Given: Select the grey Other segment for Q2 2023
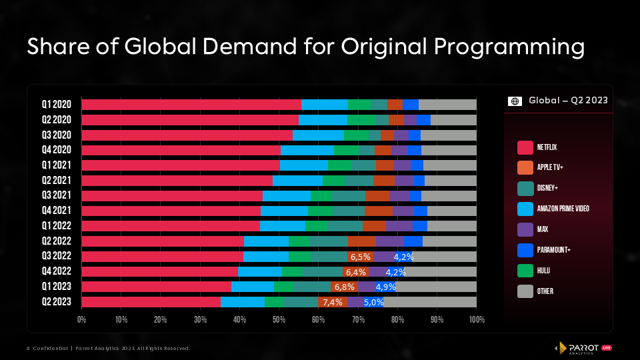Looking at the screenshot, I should click(x=430, y=302).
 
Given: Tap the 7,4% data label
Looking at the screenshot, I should click(x=332, y=302).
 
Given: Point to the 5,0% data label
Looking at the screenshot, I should click(x=374, y=302).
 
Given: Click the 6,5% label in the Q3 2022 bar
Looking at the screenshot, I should click(x=361, y=257).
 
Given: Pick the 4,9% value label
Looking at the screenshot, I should click(x=386, y=287).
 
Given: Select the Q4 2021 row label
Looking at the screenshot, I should click(x=57, y=211).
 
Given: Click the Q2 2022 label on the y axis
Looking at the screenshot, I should click(x=57, y=241).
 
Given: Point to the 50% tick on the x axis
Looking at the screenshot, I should click(x=279, y=320).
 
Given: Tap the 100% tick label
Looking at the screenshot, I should click(x=476, y=320).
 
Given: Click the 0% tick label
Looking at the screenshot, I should click(x=82, y=320).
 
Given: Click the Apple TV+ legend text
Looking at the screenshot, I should click(x=551, y=167).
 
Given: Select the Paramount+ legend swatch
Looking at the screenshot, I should click(x=525, y=249).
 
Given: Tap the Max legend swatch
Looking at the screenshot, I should click(x=525, y=229).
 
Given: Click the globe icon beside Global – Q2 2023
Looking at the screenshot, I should click(x=515, y=101).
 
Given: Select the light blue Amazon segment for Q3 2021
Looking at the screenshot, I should click(x=287, y=195).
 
